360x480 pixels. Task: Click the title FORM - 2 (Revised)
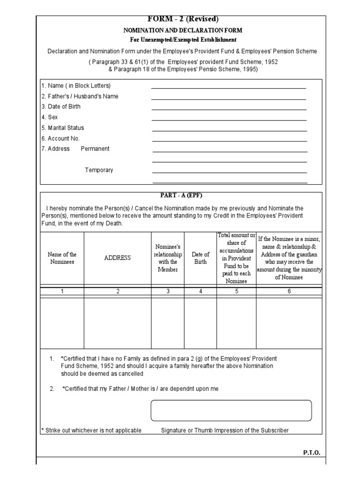pyautogui.click(x=183, y=19)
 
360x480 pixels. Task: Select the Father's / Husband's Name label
pyautogui.click(x=80, y=96)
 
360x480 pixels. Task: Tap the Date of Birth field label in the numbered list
pyautogui.click(x=61, y=106)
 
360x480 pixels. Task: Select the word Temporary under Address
pyautogui.click(x=99, y=170)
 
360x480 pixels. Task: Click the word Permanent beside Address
pyautogui.click(x=95, y=149)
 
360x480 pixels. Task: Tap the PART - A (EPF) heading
pyautogui.click(x=180, y=195)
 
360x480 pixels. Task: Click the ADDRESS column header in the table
pyautogui.click(x=118, y=258)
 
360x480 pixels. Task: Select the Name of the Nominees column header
pyautogui.click(x=62, y=258)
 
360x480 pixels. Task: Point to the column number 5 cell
pyautogui.click(x=236, y=291)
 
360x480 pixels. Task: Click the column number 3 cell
pyautogui.click(x=167, y=291)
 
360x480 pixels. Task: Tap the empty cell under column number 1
pyautogui.click(x=62, y=323)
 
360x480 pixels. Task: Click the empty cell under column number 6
pyautogui.click(x=289, y=323)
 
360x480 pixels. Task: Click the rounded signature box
pyautogui.click(x=231, y=411)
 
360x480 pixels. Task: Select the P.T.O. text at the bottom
pyautogui.click(x=312, y=453)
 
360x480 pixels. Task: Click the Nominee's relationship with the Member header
pyautogui.click(x=167, y=258)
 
